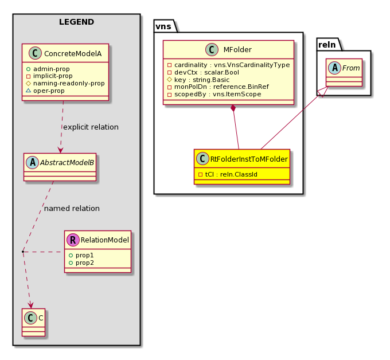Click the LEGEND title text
pyautogui.click(x=76, y=22)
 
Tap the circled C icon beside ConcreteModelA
pyautogui.click(x=36, y=53)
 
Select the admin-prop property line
pyautogui.click(x=48, y=69)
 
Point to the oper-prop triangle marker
pyautogui.click(x=28, y=91)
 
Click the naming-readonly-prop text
pyautogui.click(x=69, y=83)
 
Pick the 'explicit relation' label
pyautogui.click(x=91, y=127)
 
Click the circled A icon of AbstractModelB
pyautogui.click(x=33, y=163)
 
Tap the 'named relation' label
pyautogui.click(x=72, y=208)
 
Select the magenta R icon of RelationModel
pyautogui.click(x=73, y=240)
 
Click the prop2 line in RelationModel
pyautogui.click(x=81, y=263)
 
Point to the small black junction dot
pyautogui.click(x=23, y=252)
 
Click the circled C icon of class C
pyautogui.click(x=31, y=318)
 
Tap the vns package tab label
pyautogui.click(x=163, y=26)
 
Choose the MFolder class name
pyautogui.click(x=237, y=50)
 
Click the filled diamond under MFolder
pyautogui.click(x=233, y=108)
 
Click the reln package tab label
pyautogui.click(x=327, y=45)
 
